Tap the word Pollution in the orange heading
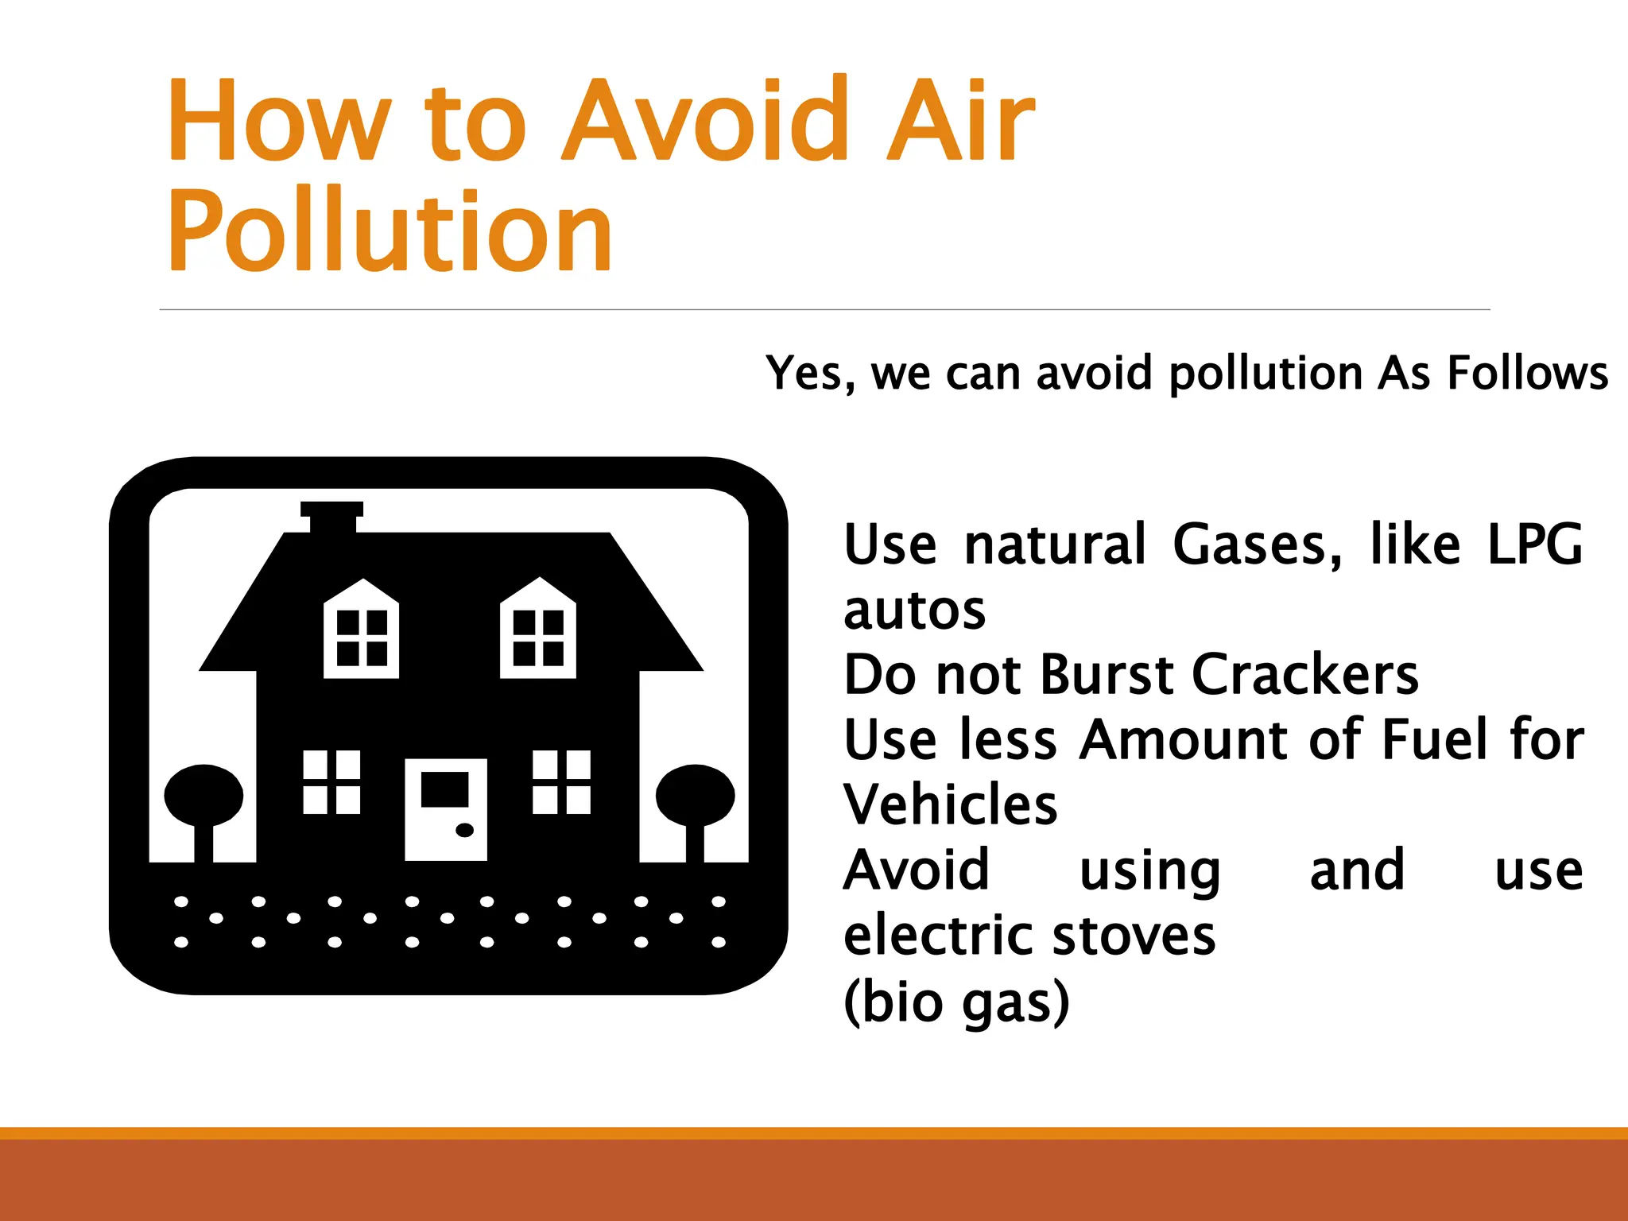click(390, 231)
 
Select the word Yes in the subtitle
click(809, 373)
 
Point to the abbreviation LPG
click(1534, 545)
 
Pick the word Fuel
click(1433, 740)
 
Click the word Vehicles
click(950, 805)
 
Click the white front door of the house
click(445, 809)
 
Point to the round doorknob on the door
click(465, 831)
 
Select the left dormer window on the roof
click(362, 631)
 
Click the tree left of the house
click(203, 803)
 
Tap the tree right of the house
click(695, 803)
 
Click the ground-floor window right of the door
click(561, 782)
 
